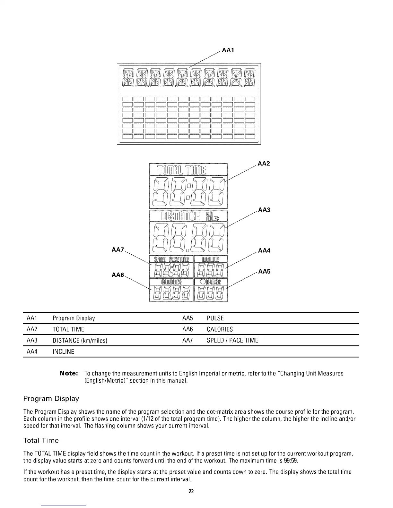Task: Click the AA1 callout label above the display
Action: click(228, 50)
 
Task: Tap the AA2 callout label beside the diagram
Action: click(264, 164)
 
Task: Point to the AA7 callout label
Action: click(118, 250)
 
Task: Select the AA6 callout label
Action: click(118, 275)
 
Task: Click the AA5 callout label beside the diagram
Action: click(264, 272)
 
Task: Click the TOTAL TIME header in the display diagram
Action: click(182, 169)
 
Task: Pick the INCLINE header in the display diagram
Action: click(210, 259)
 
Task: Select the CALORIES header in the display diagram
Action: click(172, 282)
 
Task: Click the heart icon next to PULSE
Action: click(203, 282)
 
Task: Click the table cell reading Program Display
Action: click(74, 318)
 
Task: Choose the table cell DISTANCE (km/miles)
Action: click(79, 341)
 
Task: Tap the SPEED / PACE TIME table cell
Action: click(232, 341)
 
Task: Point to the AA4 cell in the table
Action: click(32, 351)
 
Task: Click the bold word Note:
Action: click(69, 374)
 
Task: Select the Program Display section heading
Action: click(51, 399)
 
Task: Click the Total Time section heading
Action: click(41, 440)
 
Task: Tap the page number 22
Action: click(191, 491)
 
